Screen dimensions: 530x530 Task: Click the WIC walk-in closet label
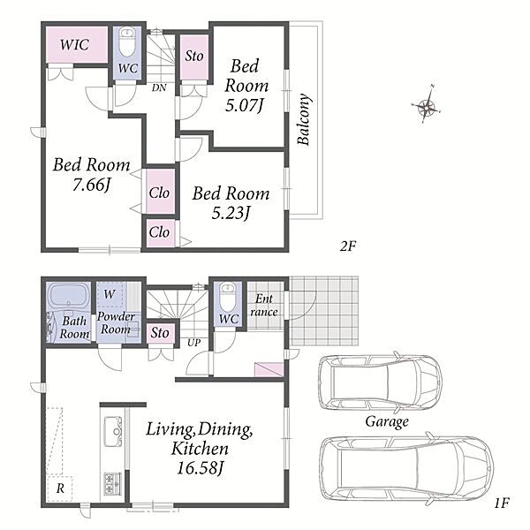[75, 45]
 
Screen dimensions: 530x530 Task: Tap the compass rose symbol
[427, 105]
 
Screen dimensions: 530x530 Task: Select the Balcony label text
[304, 119]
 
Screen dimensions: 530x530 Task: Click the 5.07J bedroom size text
[244, 106]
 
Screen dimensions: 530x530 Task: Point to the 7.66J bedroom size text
[92, 185]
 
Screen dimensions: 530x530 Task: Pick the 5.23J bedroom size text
[231, 213]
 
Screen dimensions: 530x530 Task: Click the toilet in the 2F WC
[127, 43]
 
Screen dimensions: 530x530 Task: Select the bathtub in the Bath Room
[68, 296]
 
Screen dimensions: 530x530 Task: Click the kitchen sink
[113, 432]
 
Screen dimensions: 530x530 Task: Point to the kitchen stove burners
[112, 484]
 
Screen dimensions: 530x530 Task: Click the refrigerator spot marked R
[60, 488]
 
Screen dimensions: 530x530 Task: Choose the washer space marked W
[110, 294]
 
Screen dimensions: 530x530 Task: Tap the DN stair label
[159, 87]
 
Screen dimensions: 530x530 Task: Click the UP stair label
[194, 343]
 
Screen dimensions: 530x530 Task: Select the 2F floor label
[348, 246]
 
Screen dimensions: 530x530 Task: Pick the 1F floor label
[502, 503]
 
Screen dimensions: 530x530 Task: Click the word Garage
[387, 421]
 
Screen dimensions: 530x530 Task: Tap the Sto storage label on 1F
[160, 333]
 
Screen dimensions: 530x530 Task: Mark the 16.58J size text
[201, 468]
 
